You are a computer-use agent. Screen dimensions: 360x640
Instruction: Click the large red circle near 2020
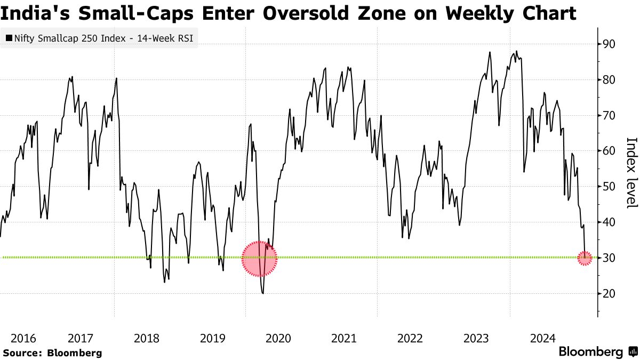pos(260,259)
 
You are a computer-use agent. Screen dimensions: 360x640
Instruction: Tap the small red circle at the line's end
pos(585,259)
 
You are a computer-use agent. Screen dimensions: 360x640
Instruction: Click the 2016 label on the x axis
pos(23,338)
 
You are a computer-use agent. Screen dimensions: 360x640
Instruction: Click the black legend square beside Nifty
pos(9,38)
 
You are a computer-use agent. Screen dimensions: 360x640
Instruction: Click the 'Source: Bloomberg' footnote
pos(52,353)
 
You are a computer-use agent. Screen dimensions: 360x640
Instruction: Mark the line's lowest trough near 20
pos(263,293)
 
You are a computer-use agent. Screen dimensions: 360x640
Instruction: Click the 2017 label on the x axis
pos(81,338)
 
